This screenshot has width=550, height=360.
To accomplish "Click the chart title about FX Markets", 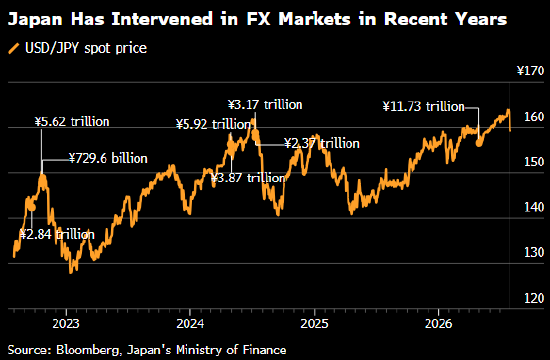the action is point(257,19).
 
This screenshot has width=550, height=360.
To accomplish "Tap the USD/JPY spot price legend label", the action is point(86,48).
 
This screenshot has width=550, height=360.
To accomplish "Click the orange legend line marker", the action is point(14,48).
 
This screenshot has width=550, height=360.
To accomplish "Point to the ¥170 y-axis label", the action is point(530,71).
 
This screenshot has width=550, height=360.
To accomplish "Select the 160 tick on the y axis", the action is point(534,116).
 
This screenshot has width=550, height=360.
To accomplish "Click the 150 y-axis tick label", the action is point(534,162).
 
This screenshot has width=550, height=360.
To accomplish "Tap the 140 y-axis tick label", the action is point(534,207).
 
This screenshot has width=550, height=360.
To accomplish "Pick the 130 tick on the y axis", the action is point(534,252).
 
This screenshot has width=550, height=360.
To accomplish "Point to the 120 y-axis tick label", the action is point(534,298).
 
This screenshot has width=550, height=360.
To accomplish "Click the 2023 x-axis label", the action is point(66,324).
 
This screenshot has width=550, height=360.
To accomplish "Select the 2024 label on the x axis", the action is point(190,324).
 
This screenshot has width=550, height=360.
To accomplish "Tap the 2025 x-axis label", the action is point(314,324).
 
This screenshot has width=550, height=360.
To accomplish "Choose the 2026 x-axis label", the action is point(438,324).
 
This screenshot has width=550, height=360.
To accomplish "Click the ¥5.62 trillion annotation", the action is point(72,122).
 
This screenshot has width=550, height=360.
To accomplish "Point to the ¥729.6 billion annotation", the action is point(108,159).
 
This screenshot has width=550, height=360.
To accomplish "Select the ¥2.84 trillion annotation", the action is point(57,234).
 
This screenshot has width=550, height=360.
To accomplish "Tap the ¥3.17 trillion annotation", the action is point(265,105).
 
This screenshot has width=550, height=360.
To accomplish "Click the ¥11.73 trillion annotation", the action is point(423,106).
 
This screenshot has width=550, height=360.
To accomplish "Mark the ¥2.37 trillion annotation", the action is point(322,143).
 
